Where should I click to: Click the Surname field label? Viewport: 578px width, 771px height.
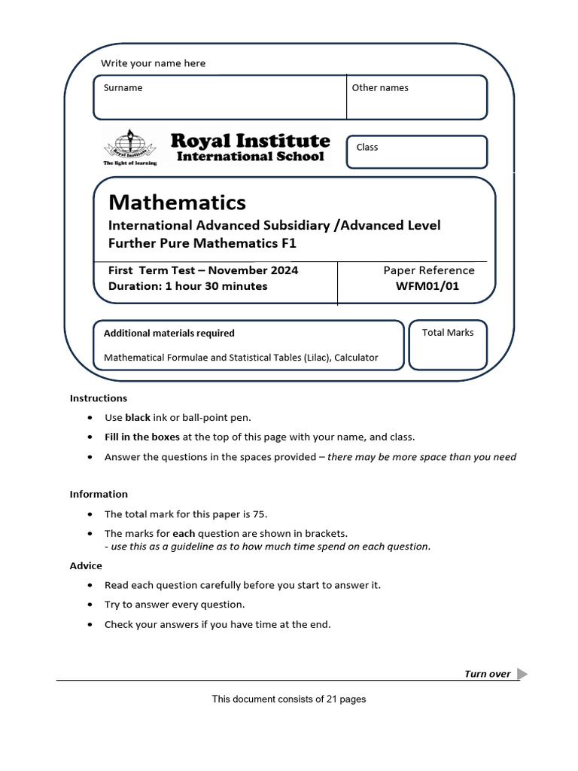click(x=123, y=88)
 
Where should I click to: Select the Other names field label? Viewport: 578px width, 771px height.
click(x=380, y=88)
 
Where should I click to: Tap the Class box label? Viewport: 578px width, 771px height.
click(x=367, y=148)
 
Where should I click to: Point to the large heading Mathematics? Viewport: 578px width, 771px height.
click(x=177, y=203)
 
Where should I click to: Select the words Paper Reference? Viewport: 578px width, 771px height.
click(x=429, y=270)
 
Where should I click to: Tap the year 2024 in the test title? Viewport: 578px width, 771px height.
click(x=283, y=270)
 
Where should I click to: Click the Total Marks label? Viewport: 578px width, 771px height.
click(x=448, y=333)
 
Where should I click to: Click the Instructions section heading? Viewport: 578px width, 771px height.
click(x=99, y=398)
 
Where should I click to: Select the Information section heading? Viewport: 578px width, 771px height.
click(x=99, y=495)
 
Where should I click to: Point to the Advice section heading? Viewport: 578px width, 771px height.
click(x=86, y=565)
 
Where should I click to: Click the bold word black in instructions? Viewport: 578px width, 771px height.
click(x=138, y=418)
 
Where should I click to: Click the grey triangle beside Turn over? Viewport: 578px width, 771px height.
click(x=522, y=674)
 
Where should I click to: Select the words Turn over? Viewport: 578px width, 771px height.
click(x=487, y=674)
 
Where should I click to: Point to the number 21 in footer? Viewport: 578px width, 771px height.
click(x=332, y=699)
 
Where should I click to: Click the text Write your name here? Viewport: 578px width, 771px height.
click(x=153, y=63)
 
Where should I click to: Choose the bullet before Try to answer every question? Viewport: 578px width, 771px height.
click(x=91, y=605)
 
